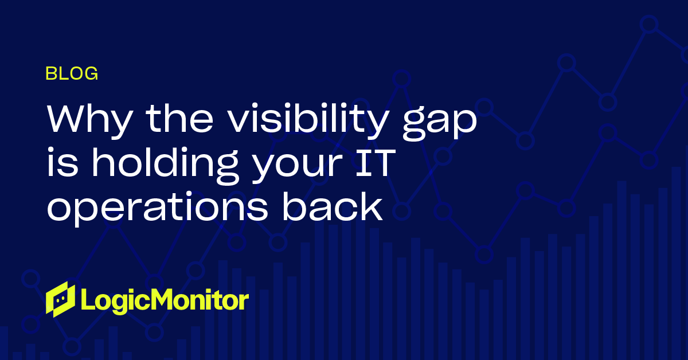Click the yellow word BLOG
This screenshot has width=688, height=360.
point(72,73)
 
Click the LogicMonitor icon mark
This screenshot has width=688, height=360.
point(61,299)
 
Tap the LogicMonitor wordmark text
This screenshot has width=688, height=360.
point(165,300)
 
